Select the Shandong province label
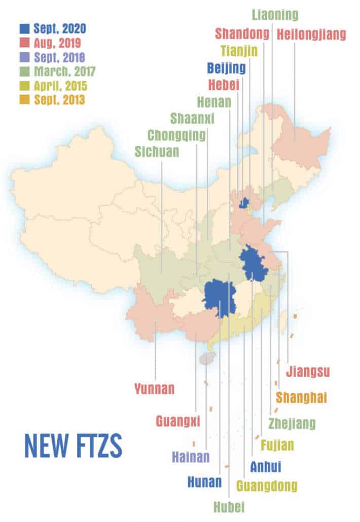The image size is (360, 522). coord(243,34)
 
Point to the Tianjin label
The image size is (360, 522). coord(239,51)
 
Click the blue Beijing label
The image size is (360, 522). coord(227,67)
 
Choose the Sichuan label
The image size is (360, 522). coord(157,152)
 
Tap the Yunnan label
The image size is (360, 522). coord(155,389)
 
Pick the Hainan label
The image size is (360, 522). coord(190,457)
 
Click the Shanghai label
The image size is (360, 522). coord(301,397)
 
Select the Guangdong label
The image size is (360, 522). coord(267,486)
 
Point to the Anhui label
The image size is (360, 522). coord(265,466)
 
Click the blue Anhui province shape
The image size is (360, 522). coord(253,264)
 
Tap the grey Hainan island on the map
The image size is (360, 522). coord(206,359)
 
